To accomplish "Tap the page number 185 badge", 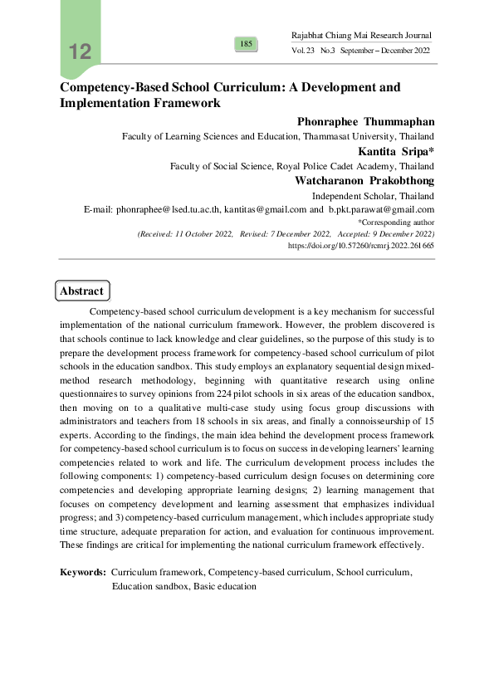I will [x=247, y=43].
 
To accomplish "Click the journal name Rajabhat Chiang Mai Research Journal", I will [x=362, y=36].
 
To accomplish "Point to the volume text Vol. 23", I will [x=302, y=51].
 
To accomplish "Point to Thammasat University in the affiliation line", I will [x=349, y=136].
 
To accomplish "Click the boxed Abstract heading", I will [x=81, y=291].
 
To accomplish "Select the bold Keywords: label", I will [x=83, y=573].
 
